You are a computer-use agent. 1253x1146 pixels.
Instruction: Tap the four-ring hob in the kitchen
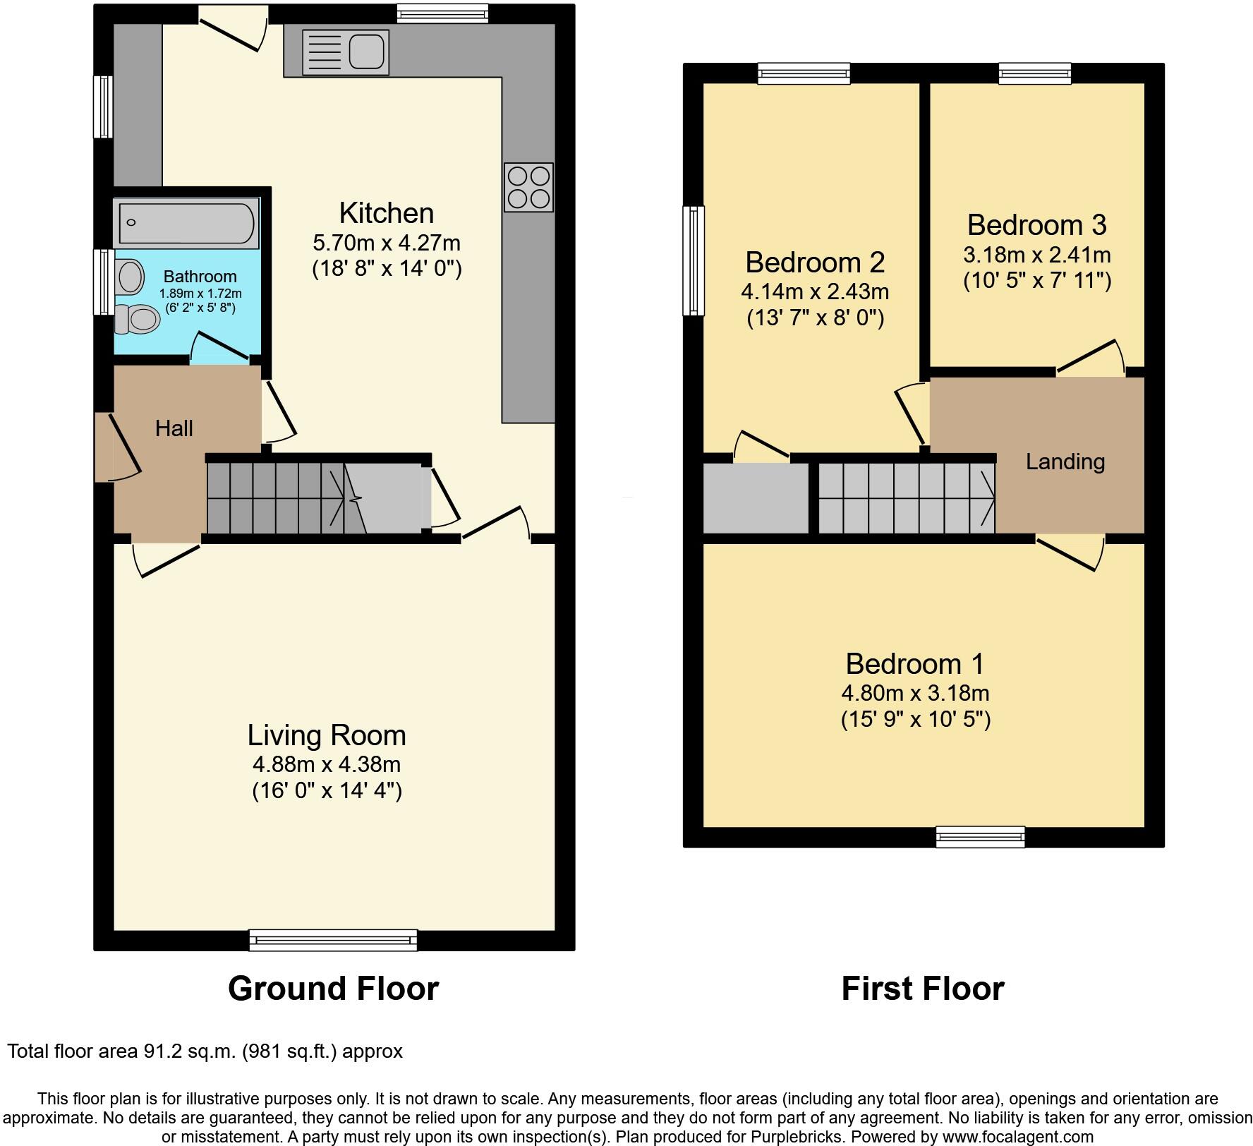528,187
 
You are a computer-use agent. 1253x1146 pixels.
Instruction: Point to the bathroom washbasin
131,277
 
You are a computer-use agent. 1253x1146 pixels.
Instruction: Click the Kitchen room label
386,213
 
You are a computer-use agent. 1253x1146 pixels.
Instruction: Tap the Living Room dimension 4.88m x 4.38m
327,764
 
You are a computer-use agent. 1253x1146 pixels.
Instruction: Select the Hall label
174,428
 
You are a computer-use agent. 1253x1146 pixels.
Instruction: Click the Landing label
1065,462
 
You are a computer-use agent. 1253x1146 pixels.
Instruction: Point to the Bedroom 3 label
1036,225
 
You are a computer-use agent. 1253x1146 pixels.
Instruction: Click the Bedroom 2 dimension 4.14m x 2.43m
815,291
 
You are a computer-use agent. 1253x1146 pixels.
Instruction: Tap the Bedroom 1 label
915,664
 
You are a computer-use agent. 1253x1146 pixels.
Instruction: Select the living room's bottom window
333,940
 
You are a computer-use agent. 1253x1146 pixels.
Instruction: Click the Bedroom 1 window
980,837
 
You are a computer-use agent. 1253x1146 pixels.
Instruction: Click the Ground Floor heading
333,989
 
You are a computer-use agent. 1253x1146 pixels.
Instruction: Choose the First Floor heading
922,989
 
